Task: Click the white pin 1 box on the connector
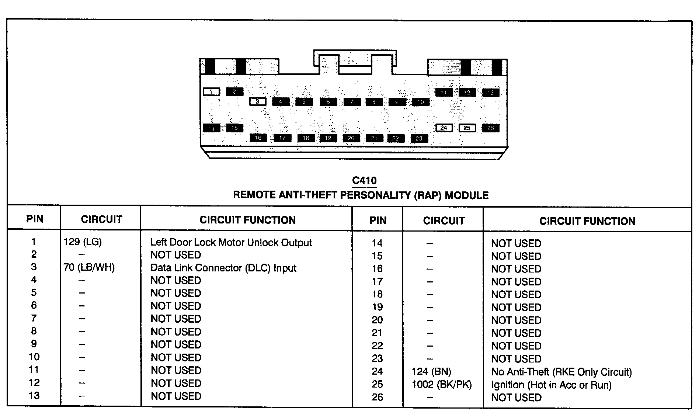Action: [211, 91]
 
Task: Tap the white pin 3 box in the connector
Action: [258, 101]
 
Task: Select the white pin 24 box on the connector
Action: [444, 128]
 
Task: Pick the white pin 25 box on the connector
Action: [467, 128]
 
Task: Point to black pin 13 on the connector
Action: [491, 93]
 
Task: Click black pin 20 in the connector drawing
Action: [351, 138]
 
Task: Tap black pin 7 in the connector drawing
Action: [352, 102]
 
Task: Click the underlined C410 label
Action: [364, 181]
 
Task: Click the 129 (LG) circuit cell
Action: [83, 242]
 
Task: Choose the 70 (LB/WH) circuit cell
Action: [89, 267]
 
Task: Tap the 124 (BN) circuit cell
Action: [432, 372]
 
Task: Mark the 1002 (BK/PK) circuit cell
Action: [442, 385]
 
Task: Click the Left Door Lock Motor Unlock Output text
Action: [231, 243]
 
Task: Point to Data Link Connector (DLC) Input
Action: [223, 268]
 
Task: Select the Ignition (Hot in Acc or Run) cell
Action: [551, 385]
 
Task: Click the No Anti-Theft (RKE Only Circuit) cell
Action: [561, 372]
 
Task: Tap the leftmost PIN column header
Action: [35, 219]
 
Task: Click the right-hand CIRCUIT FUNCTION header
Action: [587, 221]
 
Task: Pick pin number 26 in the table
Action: [378, 398]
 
